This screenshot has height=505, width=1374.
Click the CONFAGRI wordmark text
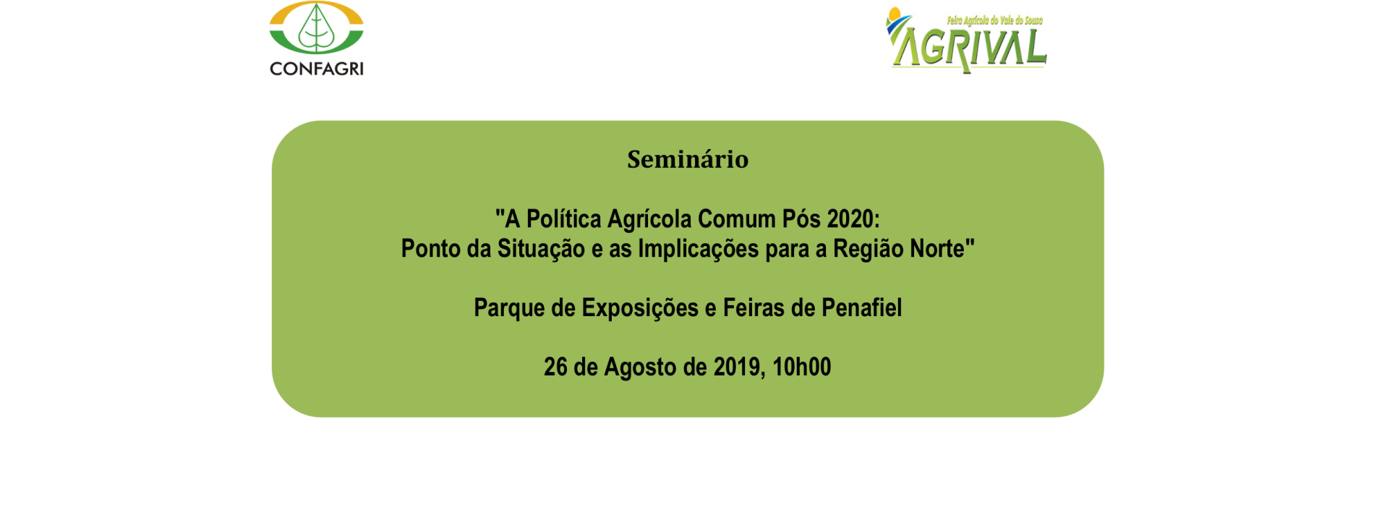tap(316, 69)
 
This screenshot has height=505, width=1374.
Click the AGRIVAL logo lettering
tap(968, 47)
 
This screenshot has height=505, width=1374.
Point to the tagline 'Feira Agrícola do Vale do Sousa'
tap(994, 20)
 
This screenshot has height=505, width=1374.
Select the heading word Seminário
tap(688, 159)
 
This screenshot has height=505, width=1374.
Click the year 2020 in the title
tap(853, 218)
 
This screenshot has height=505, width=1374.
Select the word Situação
tap(541, 249)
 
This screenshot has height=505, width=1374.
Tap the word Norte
tap(937, 249)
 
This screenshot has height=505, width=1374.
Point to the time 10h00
tap(802, 367)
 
